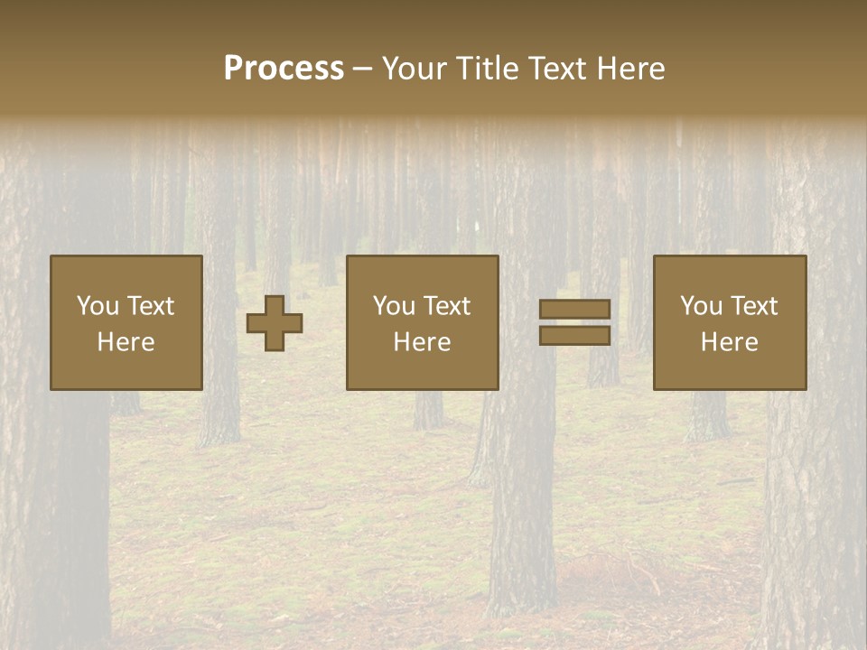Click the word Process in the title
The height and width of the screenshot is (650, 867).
(x=284, y=69)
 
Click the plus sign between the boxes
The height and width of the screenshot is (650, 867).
(x=275, y=323)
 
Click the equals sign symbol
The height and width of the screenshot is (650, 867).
(x=574, y=322)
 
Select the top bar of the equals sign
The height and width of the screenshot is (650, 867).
(x=574, y=310)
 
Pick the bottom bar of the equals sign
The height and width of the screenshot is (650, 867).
(x=574, y=335)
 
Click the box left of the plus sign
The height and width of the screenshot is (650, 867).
(x=126, y=322)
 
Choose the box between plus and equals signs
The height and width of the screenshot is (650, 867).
(x=422, y=322)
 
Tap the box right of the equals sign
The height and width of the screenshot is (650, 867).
(x=729, y=322)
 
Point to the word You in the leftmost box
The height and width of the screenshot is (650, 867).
(x=98, y=306)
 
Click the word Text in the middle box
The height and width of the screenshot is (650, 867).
(x=447, y=306)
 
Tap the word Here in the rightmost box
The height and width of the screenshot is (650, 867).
(x=729, y=342)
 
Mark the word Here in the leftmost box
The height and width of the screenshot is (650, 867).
(x=126, y=342)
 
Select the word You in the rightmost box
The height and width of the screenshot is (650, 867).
(x=701, y=306)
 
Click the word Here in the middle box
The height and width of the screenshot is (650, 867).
(x=422, y=342)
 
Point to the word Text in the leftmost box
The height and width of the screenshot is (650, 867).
(x=151, y=306)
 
